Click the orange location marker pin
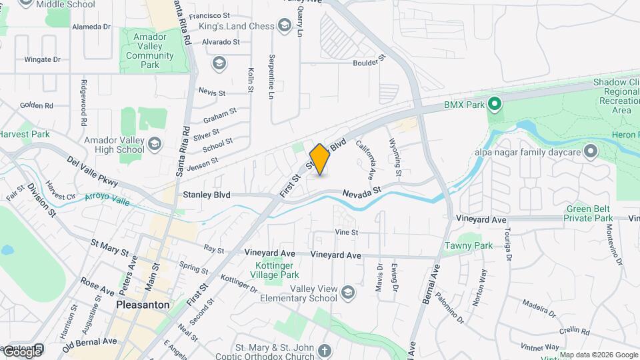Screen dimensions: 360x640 point(320,159)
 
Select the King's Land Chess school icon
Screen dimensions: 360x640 point(285,26)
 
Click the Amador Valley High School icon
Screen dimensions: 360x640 point(155,144)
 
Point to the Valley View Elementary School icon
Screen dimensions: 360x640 point(347,293)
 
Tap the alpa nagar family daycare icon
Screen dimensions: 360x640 point(590,151)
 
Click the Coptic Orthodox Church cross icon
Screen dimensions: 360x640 point(325,351)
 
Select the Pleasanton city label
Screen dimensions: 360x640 point(143,305)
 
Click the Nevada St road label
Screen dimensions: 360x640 point(361,192)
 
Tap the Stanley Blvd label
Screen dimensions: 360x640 point(207,195)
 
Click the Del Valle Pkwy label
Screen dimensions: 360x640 point(93,171)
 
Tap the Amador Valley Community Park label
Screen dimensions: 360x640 point(151,51)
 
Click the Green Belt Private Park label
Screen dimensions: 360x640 point(588,213)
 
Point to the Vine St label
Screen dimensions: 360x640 point(347,233)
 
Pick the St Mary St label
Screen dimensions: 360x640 point(109,250)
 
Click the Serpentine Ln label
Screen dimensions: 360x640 point(271,77)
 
